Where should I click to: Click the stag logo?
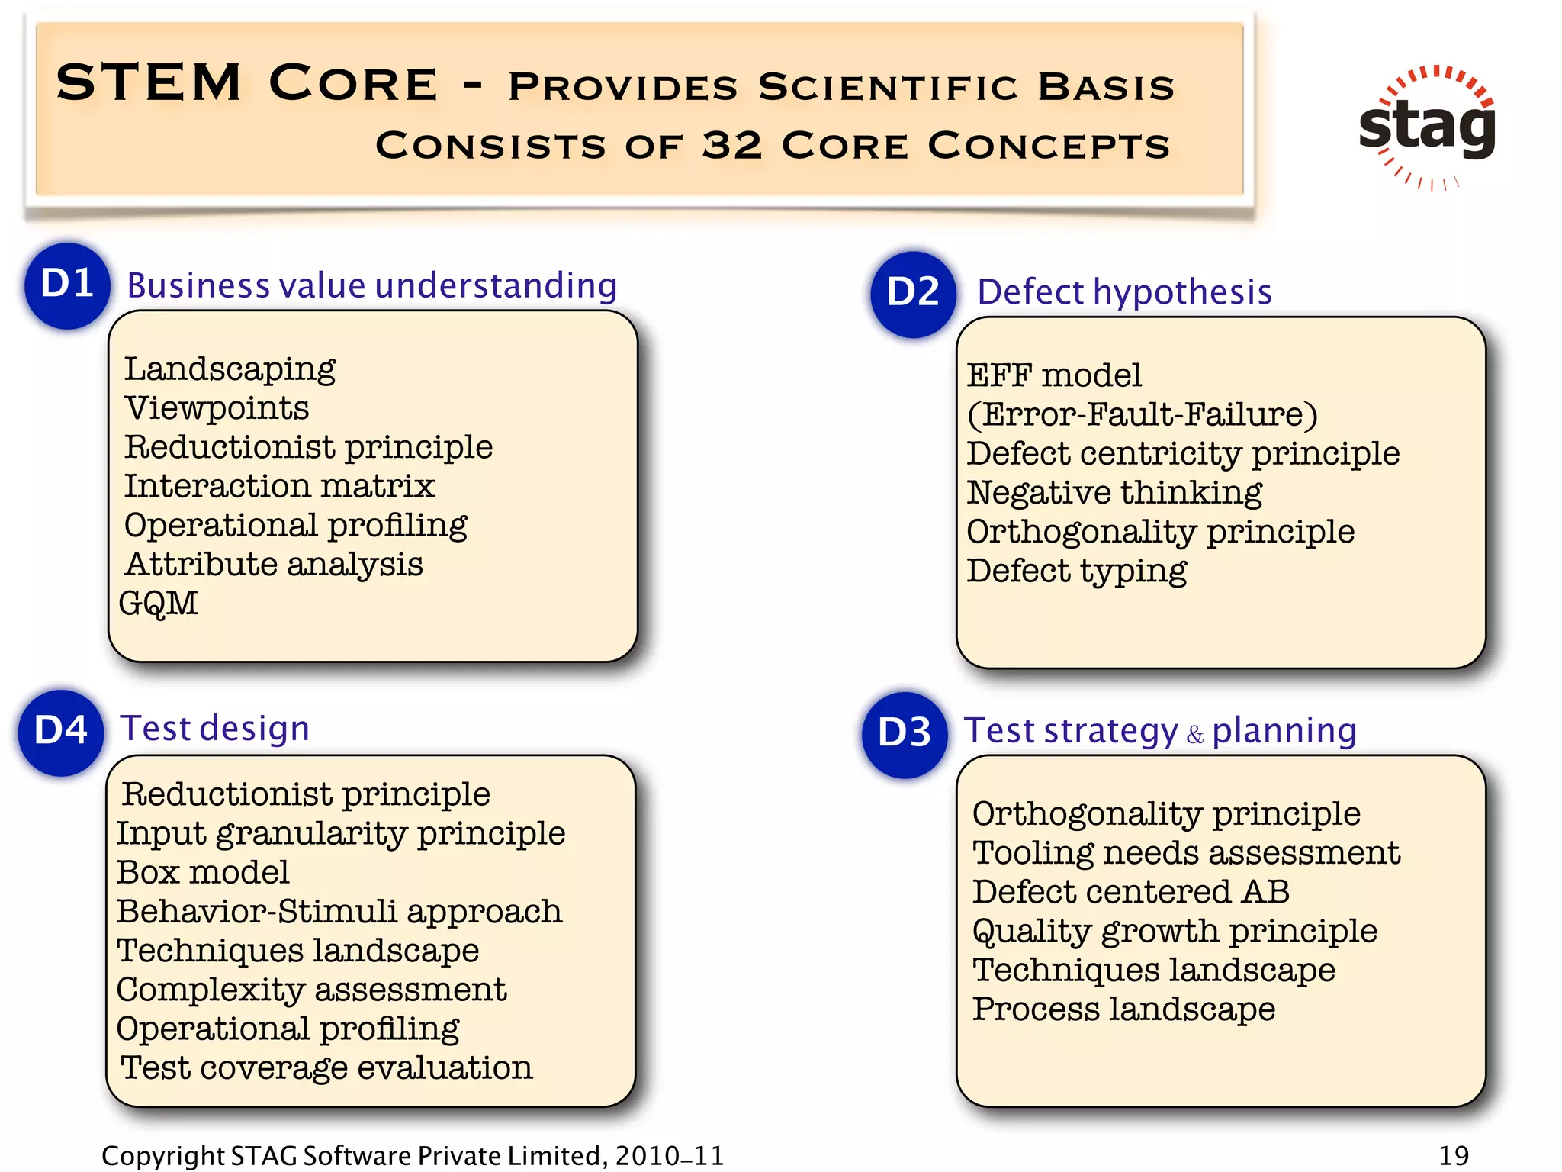1427,127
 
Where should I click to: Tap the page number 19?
1454,1155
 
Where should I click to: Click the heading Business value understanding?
371,286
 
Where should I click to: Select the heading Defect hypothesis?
1124,292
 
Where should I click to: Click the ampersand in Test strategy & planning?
1194,735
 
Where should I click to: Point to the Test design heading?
215,729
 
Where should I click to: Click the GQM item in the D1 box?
159,604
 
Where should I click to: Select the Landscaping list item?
230,370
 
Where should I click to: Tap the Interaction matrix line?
279,487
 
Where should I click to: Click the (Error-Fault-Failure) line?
1142,415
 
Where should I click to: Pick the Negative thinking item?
1114,493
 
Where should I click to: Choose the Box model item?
203,873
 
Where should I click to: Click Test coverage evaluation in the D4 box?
326,1068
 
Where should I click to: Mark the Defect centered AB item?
1130,893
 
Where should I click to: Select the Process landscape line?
1123,1009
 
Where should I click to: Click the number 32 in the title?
731,145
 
